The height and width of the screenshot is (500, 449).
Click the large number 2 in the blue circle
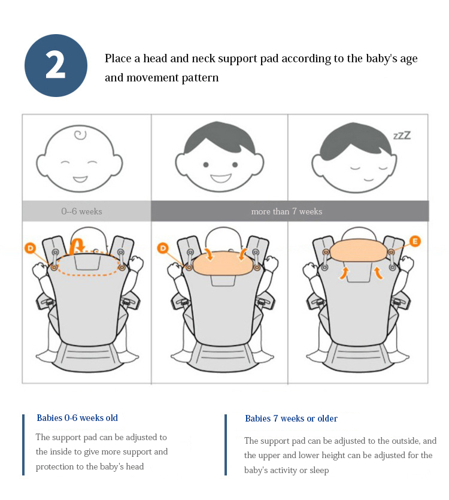coord(56,65)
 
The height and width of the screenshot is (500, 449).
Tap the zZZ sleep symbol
coord(402,135)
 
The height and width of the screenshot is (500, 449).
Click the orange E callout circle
coord(415,241)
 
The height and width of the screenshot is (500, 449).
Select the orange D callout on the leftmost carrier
coord(31,248)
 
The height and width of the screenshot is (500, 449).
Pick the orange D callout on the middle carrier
coord(163,248)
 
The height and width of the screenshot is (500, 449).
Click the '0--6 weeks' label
coord(81,211)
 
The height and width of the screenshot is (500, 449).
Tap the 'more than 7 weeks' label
coord(286,211)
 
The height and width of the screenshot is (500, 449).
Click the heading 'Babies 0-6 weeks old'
coord(77,418)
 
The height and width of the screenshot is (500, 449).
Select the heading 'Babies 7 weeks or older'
coord(291,419)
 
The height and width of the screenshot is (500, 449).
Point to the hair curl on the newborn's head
coord(80,135)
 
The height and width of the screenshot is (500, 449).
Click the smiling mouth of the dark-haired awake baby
coord(221,178)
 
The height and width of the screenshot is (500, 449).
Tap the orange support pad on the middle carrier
coord(222,263)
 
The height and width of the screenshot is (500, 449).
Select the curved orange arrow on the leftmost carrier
coord(77,246)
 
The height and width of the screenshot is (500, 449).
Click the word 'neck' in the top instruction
coord(204,59)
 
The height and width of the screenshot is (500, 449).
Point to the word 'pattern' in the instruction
coord(200,78)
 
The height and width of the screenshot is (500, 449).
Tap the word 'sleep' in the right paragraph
coord(318,471)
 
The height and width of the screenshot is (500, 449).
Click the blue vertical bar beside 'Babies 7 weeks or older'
coord(226,445)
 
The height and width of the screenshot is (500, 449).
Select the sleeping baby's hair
coord(355,140)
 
